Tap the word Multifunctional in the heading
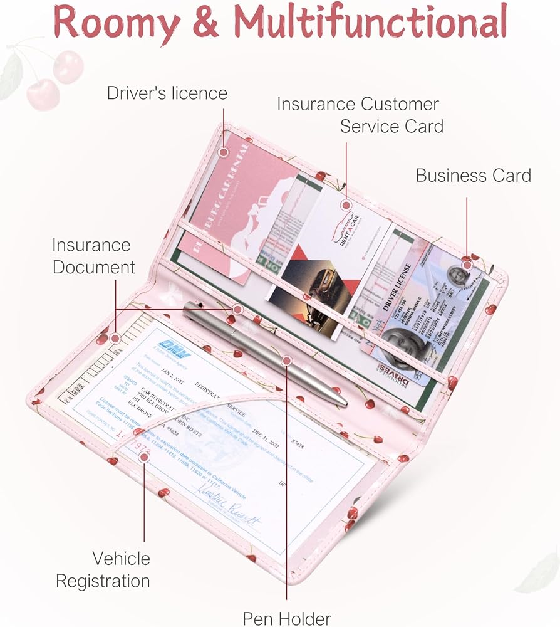click(370, 23)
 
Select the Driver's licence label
click(167, 93)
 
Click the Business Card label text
click(473, 175)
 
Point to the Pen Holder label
click(287, 618)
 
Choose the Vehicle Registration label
click(103, 569)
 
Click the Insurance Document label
click(93, 256)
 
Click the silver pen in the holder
click(263, 352)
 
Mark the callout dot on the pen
click(287, 360)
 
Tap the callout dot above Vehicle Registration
click(143, 457)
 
